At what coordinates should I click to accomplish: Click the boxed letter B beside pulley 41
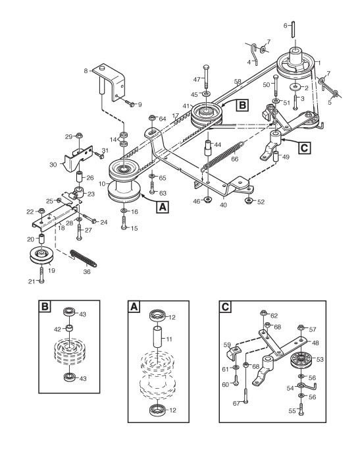coord(242,105)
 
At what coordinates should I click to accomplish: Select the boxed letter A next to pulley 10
coord(163,207)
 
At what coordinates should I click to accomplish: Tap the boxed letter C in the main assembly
coord(304,148)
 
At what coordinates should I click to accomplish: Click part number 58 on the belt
coord(238,82)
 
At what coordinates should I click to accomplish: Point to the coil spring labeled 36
coord(84,258)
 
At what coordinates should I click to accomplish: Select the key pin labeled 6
coord(293,29)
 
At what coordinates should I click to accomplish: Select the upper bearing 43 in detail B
coord(69,311)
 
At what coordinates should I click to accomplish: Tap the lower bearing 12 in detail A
coord(157,408)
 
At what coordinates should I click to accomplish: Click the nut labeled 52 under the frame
coord(248,200)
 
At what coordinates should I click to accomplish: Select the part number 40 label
coord(223,205)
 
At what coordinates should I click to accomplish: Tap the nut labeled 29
coord(78,135)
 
